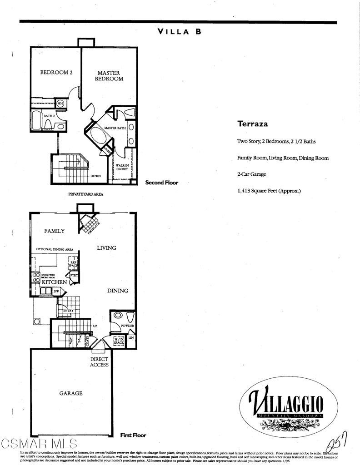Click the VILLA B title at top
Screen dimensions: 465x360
[179, 32]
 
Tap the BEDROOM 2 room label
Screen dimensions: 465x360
[56, 72]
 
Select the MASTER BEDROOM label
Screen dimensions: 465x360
[109, 76]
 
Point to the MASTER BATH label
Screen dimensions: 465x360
[115, 129]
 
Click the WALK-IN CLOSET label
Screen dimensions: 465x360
[121, 167]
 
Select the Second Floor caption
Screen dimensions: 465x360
[161, 183]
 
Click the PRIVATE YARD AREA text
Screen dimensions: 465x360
[85, 194]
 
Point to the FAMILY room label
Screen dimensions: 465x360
[54, 231]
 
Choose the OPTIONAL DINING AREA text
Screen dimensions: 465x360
[55, 249]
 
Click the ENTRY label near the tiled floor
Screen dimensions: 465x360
[68, 311]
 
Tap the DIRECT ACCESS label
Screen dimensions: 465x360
[99, 361]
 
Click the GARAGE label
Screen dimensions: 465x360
[70, 393]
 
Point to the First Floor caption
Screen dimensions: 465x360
[133, 435]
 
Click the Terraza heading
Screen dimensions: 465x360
[252, 124]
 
